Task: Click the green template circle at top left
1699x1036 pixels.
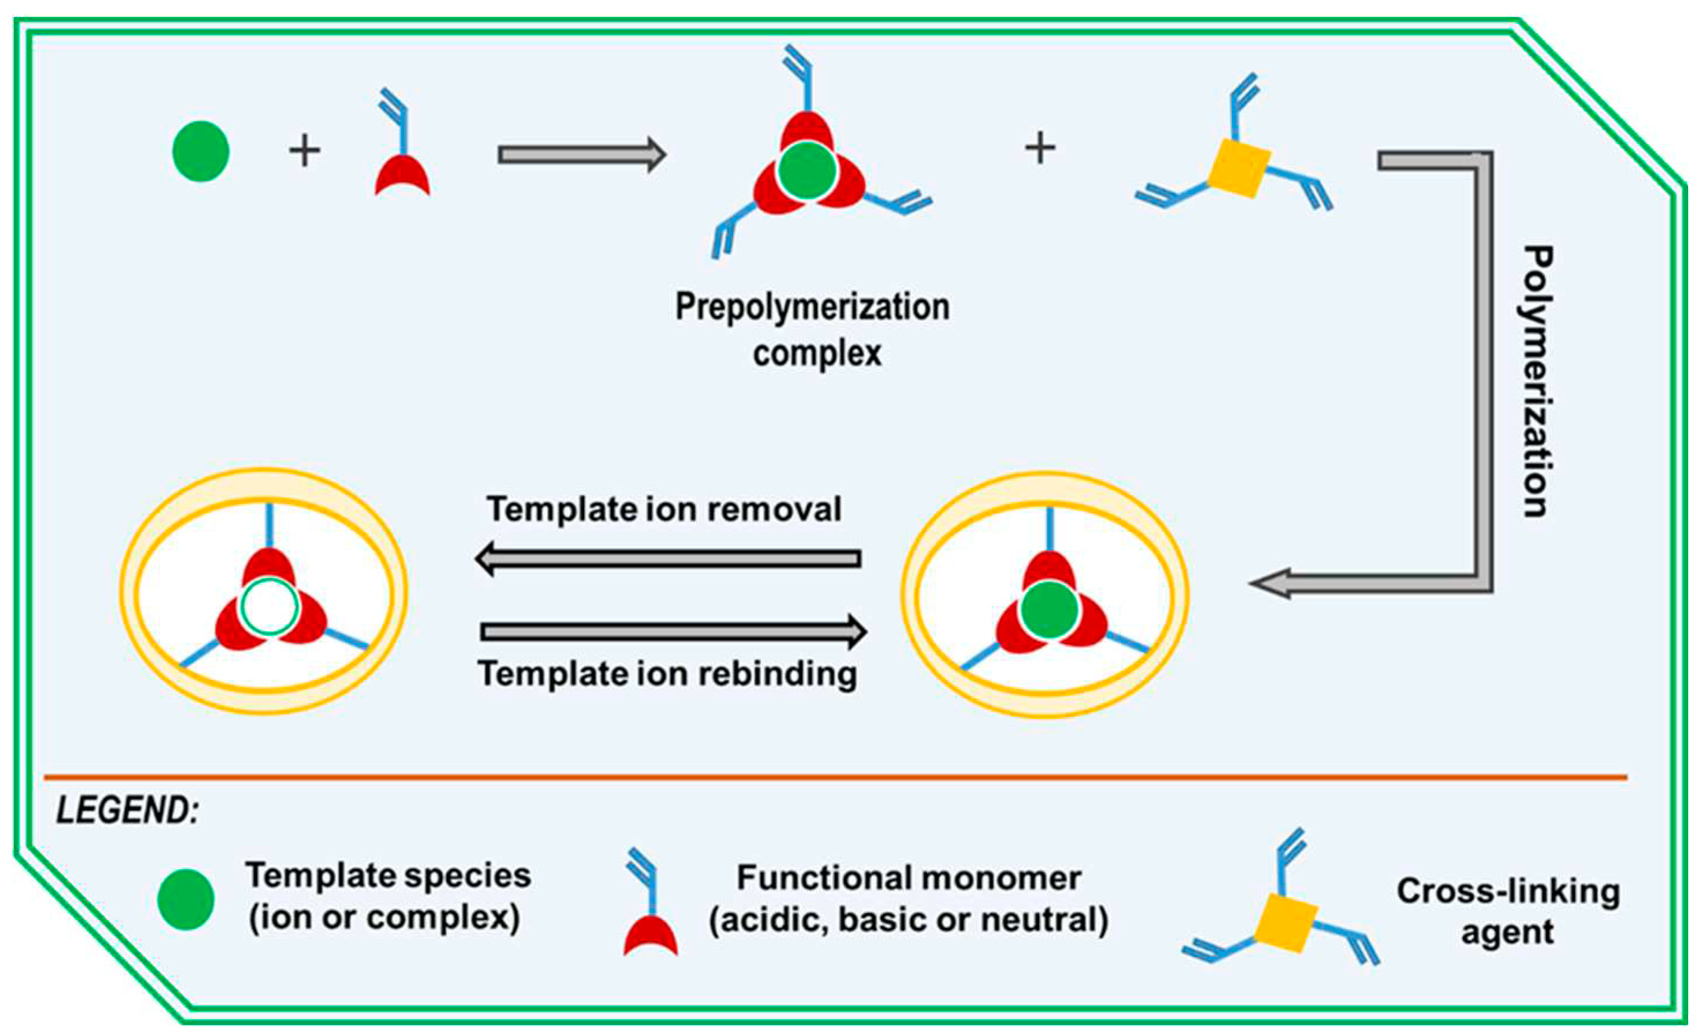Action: (201, 151)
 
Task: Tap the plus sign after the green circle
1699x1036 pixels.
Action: (305, 152)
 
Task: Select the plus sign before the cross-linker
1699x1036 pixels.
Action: (1040, 148)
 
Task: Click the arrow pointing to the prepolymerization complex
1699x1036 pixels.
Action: (581, 155)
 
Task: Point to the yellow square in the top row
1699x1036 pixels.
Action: (1239, 167)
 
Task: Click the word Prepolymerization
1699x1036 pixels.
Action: (812, 308)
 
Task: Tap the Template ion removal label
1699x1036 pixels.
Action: (664, 510)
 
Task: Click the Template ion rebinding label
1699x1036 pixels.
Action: (667, 674)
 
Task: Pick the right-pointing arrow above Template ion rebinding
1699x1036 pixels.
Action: (673, 631)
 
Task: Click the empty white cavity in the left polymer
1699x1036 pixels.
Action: (269, 607)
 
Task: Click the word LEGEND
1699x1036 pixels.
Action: (127, 810)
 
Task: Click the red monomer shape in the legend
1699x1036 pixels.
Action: (650, 937)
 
